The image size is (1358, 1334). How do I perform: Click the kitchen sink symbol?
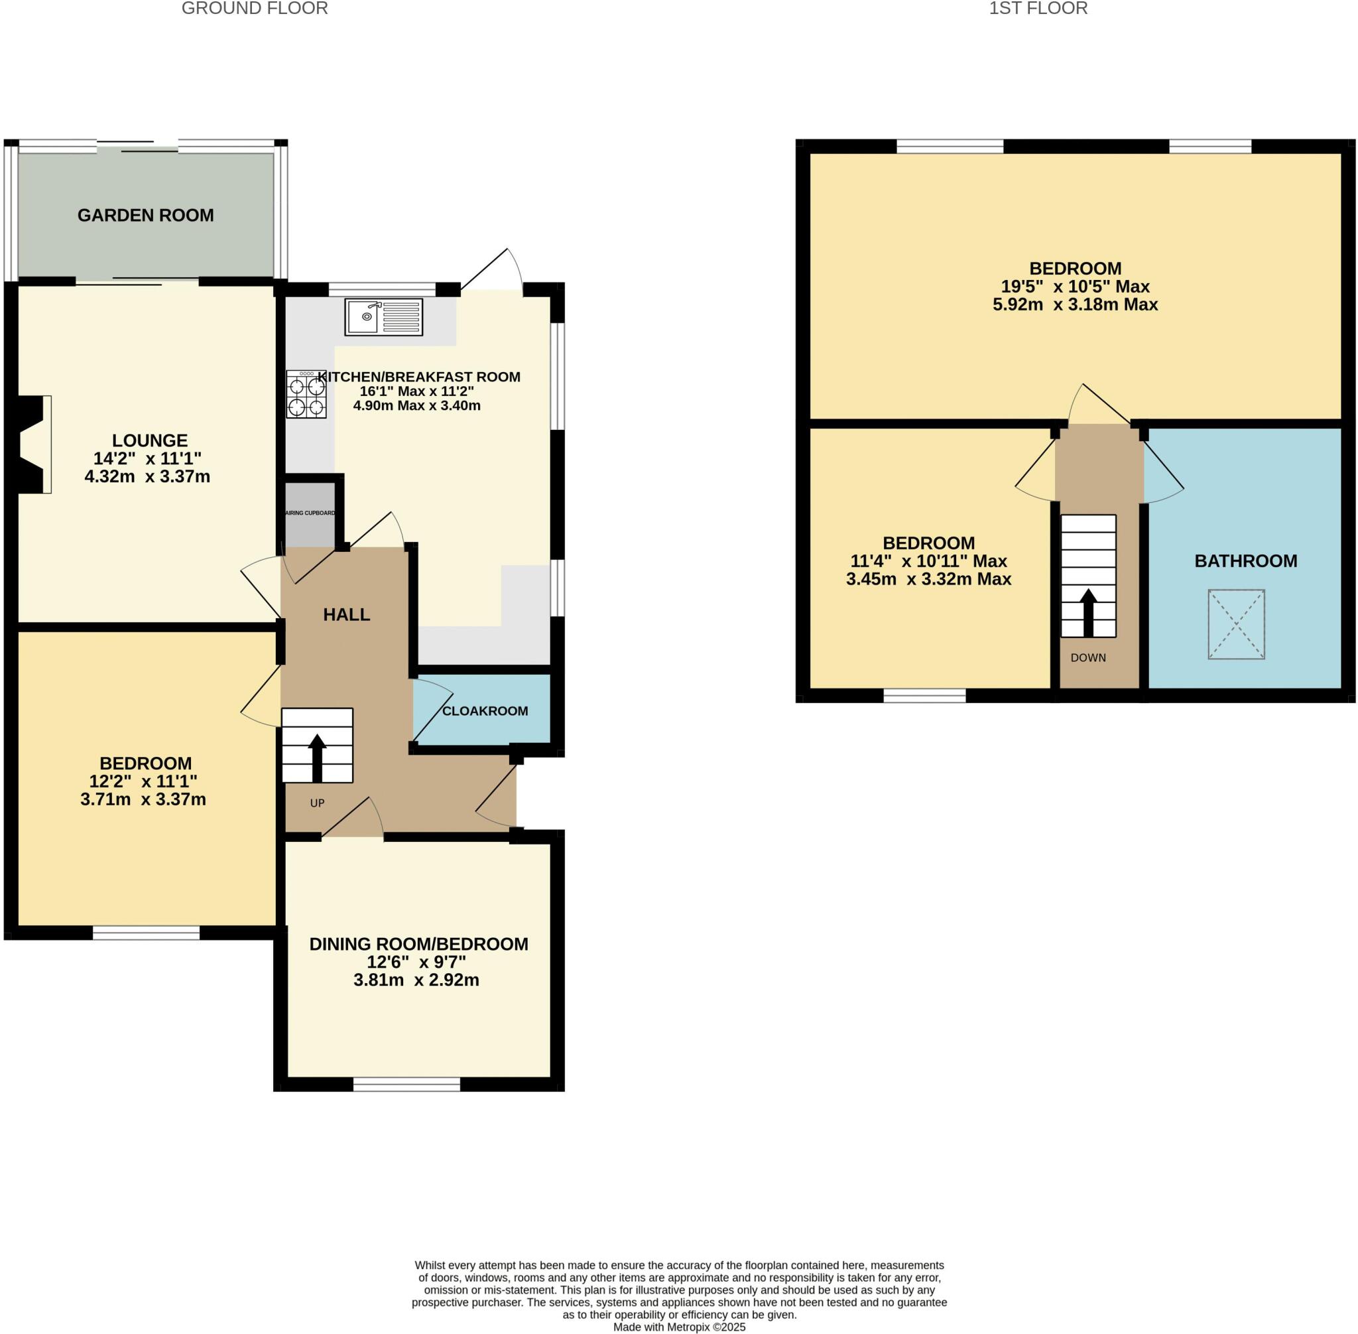(x=383, y=317)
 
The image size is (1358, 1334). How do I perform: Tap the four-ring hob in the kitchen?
(x=306, y=395)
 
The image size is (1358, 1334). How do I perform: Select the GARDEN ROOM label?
(x=146, y=215)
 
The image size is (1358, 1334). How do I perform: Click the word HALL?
(x=346, y=614)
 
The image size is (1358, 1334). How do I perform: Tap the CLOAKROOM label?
(x=485, y=711)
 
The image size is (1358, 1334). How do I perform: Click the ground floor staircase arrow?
(x=316, y=758)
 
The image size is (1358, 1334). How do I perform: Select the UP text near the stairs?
(x=317, y=803)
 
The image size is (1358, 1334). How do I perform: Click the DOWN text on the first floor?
(x=1087, y=657)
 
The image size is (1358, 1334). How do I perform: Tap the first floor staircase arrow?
(x=1087, y=612)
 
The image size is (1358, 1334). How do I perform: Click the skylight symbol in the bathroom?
(x=1235, y=624)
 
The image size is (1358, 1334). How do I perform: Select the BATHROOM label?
(x=1245, y=561)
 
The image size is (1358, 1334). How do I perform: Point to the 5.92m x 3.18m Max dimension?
(x=1074, y=304)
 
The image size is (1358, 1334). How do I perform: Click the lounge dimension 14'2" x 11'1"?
(x=147, y=458)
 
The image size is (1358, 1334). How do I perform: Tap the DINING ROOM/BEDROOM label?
(x=419, y=944)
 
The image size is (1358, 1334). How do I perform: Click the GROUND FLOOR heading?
(x=254, y=9)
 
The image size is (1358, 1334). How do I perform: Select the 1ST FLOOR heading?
(x=1038, y=9)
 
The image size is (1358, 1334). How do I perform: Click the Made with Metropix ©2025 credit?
(x=678, y=1327)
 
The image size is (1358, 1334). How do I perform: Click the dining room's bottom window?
(x=406, y=1085)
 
